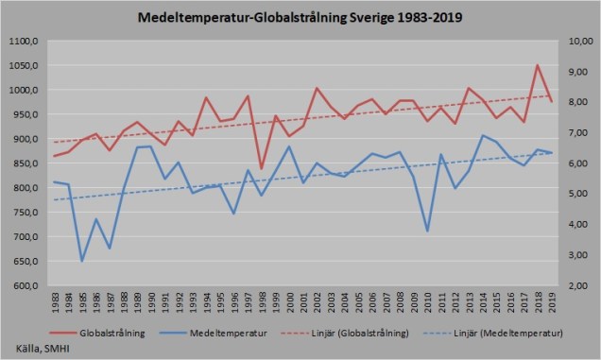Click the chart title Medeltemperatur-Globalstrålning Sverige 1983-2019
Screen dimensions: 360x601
click(300, 18)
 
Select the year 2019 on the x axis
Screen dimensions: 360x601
click(552, 304)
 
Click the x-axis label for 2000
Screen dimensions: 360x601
click(289, 304)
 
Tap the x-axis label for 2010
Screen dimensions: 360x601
click(427, 304)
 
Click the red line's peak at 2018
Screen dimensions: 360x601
click(538, 65)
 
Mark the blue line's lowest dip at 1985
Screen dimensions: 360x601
click(82, 261)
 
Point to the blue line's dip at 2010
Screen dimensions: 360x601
click(427, 231)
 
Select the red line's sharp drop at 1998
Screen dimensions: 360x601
click(262, 168)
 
